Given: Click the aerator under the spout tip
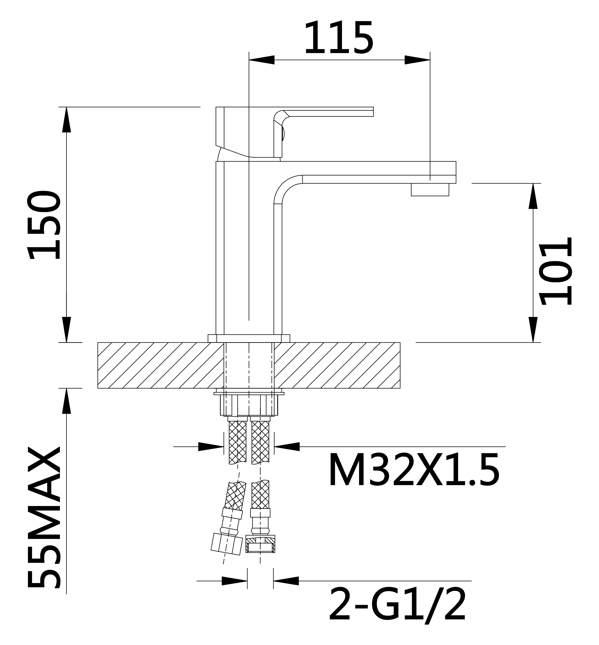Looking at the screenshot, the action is tap(430, 190).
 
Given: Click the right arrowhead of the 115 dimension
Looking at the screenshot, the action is tap(417, 60).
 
